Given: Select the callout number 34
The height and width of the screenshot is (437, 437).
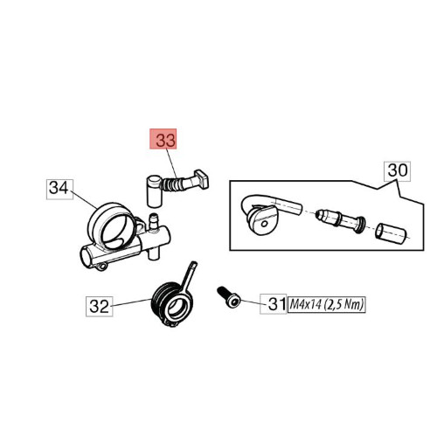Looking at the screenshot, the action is point(59,190).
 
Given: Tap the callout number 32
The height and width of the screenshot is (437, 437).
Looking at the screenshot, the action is point(99,307).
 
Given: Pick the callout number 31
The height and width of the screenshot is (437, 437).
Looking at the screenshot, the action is point(274,304).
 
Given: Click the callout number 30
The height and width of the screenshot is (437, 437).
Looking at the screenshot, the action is point(398,171).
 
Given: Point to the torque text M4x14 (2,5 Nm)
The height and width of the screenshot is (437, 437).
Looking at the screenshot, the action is point(327,305).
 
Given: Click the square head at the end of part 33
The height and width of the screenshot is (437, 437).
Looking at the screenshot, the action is point(202,179).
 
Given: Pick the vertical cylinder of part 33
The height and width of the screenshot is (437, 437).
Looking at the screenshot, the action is point(154,191).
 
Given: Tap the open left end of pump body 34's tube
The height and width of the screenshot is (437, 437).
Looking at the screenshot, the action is point(87,255).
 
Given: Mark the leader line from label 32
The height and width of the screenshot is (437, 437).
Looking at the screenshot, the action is point(132,302).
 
